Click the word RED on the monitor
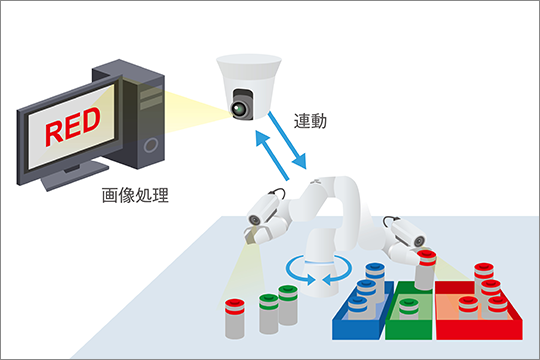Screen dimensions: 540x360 73,126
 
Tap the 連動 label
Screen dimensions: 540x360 310,121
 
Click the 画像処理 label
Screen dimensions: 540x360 135,195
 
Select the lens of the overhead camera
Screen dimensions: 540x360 238,110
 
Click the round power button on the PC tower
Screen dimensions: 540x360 151,145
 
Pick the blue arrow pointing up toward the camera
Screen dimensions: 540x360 272,155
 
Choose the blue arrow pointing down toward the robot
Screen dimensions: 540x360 287,140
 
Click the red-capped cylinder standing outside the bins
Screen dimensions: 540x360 235,319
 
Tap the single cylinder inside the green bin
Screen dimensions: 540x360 408,309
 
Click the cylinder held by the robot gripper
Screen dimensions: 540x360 426,270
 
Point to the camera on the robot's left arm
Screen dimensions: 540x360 263,209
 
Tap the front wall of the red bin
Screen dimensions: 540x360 479,330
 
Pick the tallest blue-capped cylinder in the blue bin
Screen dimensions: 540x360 375,280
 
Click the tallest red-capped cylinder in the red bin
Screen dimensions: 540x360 484,276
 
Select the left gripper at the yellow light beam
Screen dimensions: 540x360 254,235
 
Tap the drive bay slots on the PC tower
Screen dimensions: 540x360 151,98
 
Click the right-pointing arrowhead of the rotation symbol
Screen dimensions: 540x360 310,279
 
